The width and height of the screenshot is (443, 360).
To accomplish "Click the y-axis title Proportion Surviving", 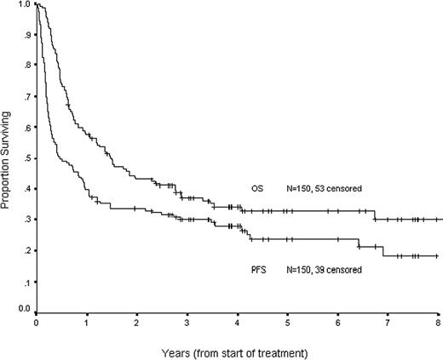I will [9, 158].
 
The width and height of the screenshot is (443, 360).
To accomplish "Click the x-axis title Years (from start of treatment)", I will [238, 351].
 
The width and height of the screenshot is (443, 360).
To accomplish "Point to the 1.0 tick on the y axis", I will [26, 5].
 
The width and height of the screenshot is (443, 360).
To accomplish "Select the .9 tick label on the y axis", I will [28, 36].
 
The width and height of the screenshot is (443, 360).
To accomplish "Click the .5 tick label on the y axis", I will [28, 158].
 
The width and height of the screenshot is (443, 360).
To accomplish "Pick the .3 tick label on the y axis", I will [28, 220].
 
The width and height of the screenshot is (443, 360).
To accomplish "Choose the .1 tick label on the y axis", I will [28, 281].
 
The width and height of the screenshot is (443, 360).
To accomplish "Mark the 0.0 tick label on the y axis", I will [26, 311].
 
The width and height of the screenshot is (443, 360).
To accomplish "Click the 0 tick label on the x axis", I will [37, 324].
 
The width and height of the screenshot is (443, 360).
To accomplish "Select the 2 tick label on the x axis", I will [137, 324].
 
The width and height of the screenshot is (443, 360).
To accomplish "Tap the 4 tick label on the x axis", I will [238, 324].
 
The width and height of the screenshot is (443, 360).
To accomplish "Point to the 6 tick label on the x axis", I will [338, 324].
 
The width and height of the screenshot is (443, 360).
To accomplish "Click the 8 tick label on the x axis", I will [438, 324].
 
